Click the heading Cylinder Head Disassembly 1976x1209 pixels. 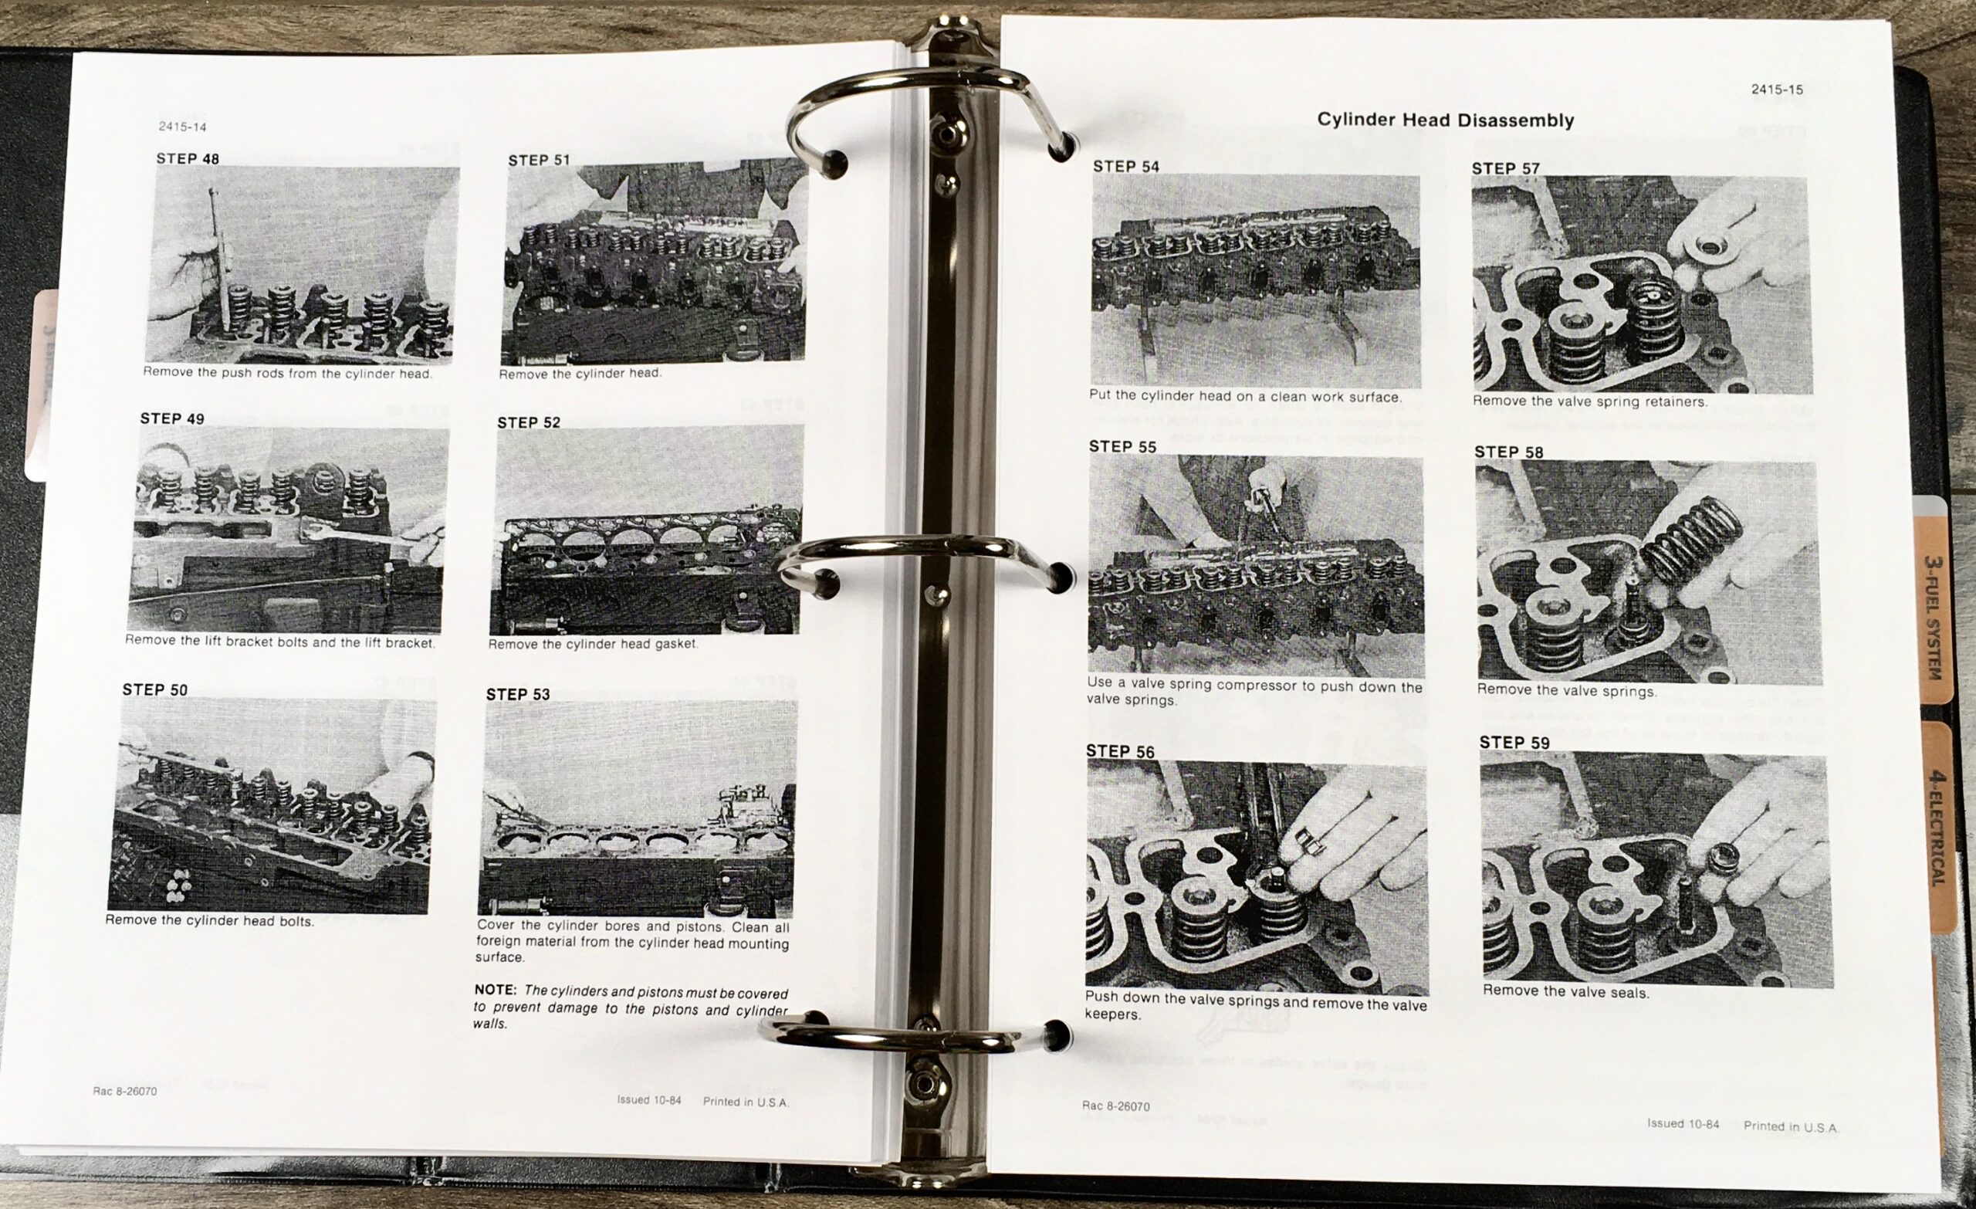tap(1445, 120)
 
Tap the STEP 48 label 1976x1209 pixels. tap(188, 159)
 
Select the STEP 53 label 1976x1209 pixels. tap(518, 694)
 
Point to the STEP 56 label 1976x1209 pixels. tap(1120, 751)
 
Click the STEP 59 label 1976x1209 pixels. tap(1515, 742)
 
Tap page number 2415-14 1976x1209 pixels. tap(183, 127)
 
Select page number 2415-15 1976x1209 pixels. tap(1777, 89)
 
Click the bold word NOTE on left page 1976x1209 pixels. tap(496, 990)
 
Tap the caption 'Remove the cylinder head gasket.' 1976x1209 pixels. tap(594, 643)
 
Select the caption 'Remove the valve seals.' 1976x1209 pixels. tap(1565, 991)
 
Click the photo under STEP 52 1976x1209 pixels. tap(646, 530)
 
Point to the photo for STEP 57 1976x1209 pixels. tap(1642, 285)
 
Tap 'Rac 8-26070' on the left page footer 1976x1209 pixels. tap(124, 1092)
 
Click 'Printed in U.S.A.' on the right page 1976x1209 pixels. tap(1790, 1126)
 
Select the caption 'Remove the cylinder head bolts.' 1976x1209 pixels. tap(209, 920)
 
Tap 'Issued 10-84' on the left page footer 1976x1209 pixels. tap(649, 1100)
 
